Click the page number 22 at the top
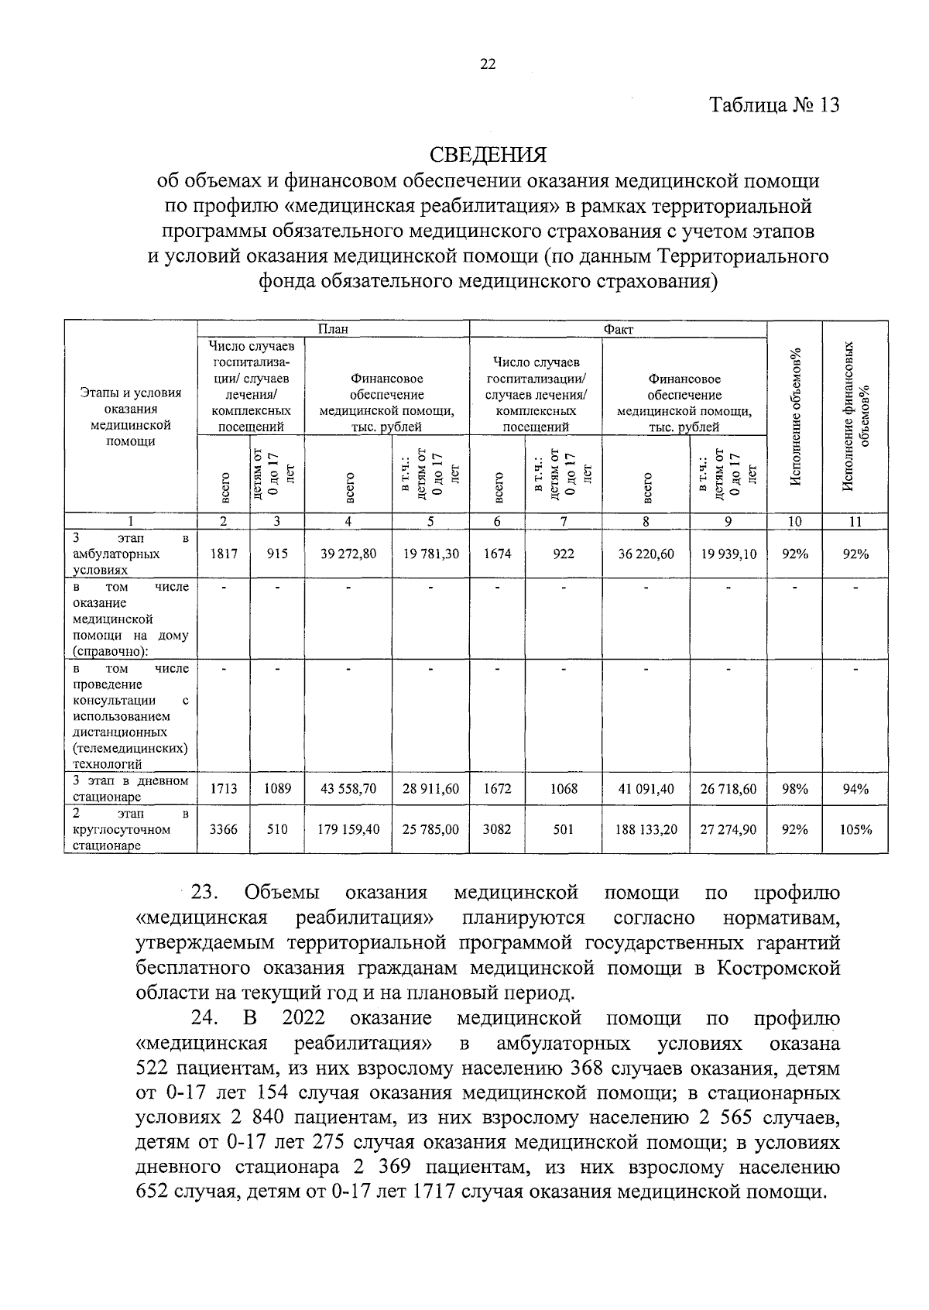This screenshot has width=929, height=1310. pos(488,65)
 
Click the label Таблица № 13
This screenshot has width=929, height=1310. pos(774,105)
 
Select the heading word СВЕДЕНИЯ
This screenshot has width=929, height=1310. pos(488,155)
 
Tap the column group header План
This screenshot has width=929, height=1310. pos(334,329)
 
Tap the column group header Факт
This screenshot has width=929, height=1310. pos(618,329)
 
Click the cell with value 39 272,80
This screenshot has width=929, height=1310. pos(348,554)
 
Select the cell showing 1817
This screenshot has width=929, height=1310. pos(224,554)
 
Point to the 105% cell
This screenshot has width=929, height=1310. pos(855,829)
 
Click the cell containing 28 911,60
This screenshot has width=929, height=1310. pos(430,789)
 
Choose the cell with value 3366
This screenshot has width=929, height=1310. pos(224,829)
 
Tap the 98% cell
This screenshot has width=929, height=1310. pos(794,789)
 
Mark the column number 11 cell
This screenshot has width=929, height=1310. pos(855,522)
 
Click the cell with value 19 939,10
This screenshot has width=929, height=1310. pos(728,554)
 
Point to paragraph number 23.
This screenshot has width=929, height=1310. pos(207,893)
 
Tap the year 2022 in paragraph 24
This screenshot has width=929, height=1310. pos(303,1018)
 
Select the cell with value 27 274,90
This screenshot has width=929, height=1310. pos(728,829)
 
